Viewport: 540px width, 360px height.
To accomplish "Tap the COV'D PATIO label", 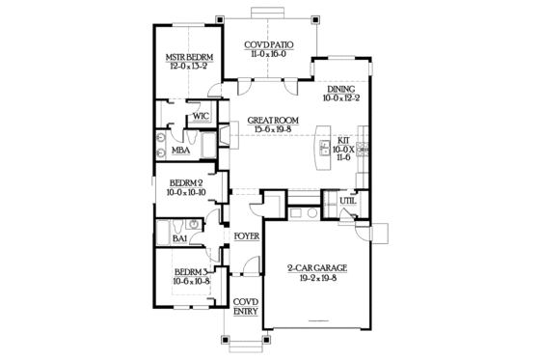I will (x=267, y=45).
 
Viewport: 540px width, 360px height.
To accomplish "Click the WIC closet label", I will (x=201, y=117).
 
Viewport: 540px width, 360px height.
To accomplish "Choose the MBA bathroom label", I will (x=179, y=151).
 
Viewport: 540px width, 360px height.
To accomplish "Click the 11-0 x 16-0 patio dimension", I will (x=267, y=56).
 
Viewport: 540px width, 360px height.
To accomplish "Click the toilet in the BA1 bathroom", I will (x=193, y=225).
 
